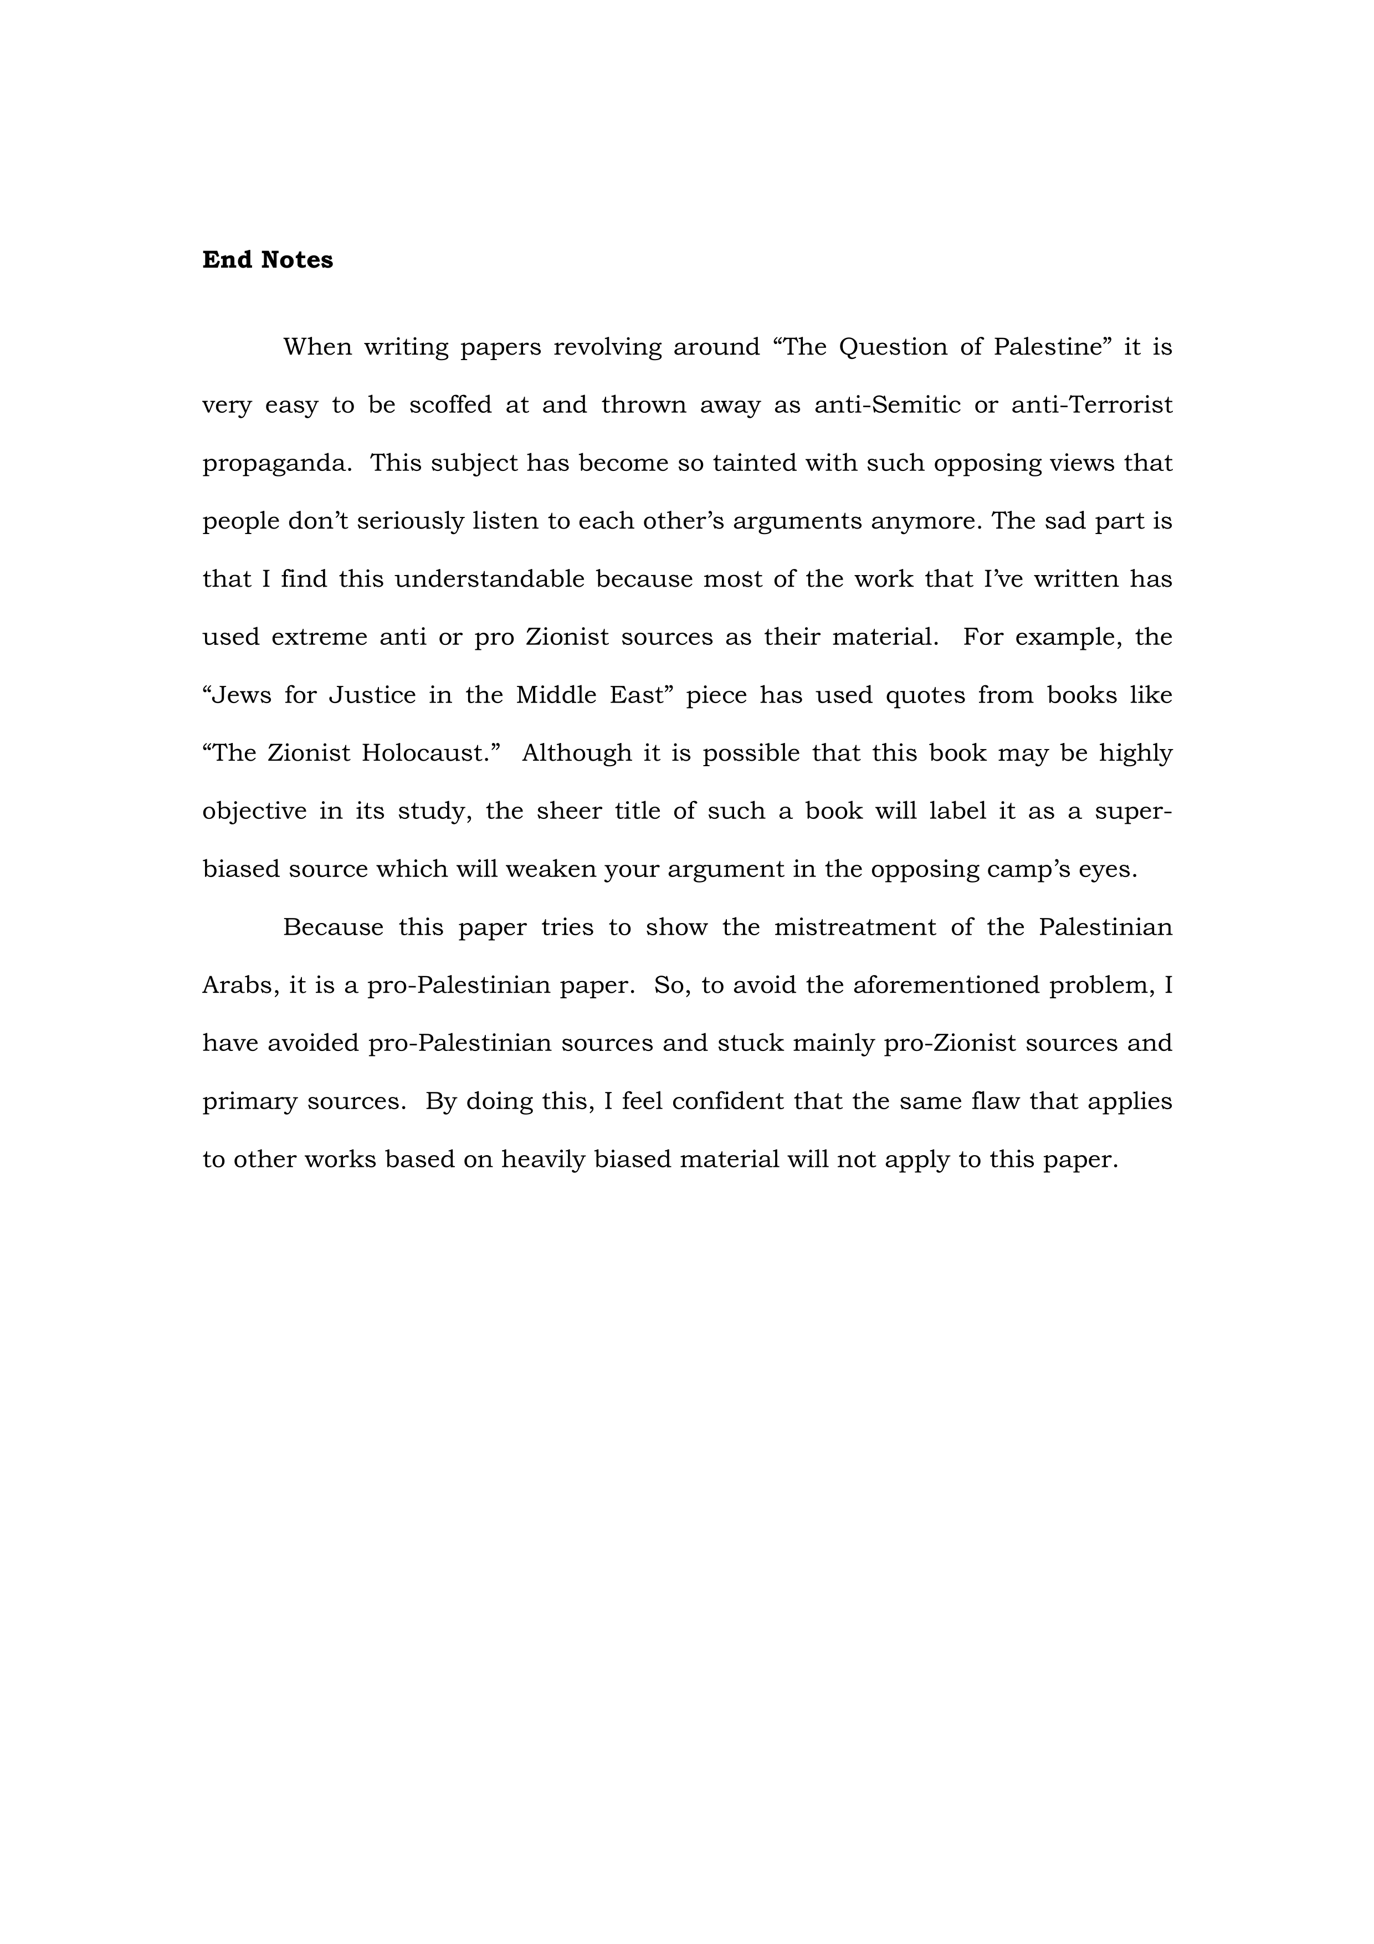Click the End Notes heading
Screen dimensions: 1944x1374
click(268, 260)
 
